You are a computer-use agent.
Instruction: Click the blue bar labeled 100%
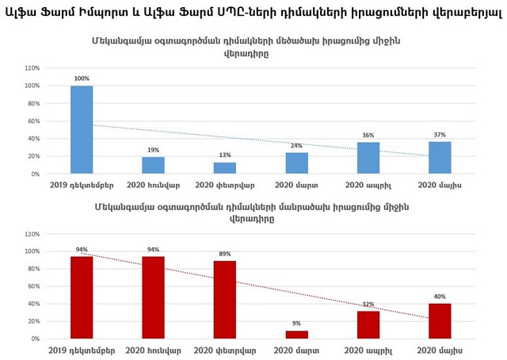(82, 130)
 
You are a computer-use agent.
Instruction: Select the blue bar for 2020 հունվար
(153, 165)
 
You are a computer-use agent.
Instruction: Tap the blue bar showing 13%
(225, 168)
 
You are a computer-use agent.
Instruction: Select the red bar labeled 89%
(225, 300)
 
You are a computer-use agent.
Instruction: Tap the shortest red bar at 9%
(296, 335)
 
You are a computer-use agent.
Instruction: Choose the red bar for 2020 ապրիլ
(368, 324)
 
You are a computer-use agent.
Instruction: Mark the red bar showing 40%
(440, 321)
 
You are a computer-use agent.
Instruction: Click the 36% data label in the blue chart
(368, 135)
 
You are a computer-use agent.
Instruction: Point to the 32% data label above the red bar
(368, 304)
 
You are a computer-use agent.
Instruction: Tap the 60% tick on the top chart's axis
(32, 121)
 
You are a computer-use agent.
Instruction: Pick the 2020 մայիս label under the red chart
(440, 350)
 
